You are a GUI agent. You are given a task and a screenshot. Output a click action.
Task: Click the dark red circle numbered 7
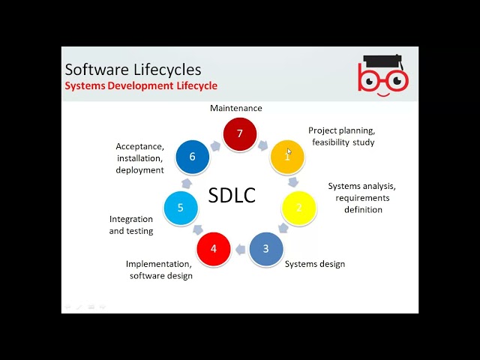click(240, 134)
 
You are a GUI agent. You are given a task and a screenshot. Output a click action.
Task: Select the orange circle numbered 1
click(286, 157)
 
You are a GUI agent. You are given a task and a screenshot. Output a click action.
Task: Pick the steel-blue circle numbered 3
click(265, 248)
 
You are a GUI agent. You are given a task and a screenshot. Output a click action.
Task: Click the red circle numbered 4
click(214, 248)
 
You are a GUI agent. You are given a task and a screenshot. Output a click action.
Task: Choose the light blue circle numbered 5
click(181, 207)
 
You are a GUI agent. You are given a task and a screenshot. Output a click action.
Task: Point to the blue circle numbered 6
click(193, 157)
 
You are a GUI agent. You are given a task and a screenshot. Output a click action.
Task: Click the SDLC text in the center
click(232, 196)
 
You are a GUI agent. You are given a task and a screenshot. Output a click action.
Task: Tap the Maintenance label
click(236, 108)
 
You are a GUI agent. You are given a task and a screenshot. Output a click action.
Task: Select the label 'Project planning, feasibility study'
click(342, 136)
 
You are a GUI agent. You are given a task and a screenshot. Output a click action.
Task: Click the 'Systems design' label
click(315, 264)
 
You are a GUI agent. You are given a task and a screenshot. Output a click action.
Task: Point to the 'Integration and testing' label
click(131, 225)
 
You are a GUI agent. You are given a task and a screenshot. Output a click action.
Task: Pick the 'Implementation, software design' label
click(159, 270)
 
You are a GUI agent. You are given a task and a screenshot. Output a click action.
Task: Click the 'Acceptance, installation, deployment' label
click(139, 158)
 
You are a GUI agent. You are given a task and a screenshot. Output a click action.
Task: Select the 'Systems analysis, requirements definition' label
click(362, 198)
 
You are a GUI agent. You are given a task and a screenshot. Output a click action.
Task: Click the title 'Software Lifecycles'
click(133, 70)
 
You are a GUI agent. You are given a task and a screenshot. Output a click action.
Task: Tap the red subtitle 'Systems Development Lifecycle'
click(141, 85)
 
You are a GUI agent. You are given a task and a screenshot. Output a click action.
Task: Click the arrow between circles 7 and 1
click(264, 144)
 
